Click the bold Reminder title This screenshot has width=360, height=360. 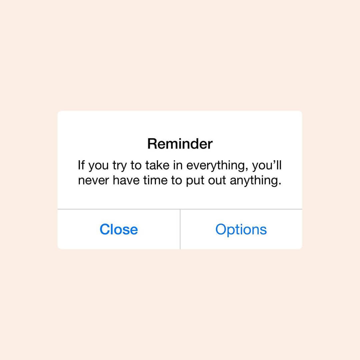(180, 144)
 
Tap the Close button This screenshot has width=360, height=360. (119, 229)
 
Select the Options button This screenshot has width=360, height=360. (241, 230)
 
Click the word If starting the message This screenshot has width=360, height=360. (81, 165)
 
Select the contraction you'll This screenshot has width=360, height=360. (267, 166)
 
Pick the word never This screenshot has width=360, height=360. (93, 180)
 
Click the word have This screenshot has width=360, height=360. (126, 180)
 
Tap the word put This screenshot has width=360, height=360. (195, 181)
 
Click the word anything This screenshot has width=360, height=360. (254, 181)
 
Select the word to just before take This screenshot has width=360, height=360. (136, 166)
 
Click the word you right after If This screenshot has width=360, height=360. (98, 167)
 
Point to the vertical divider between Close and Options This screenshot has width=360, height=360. (180, 229)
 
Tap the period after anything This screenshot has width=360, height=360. (280, 184)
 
